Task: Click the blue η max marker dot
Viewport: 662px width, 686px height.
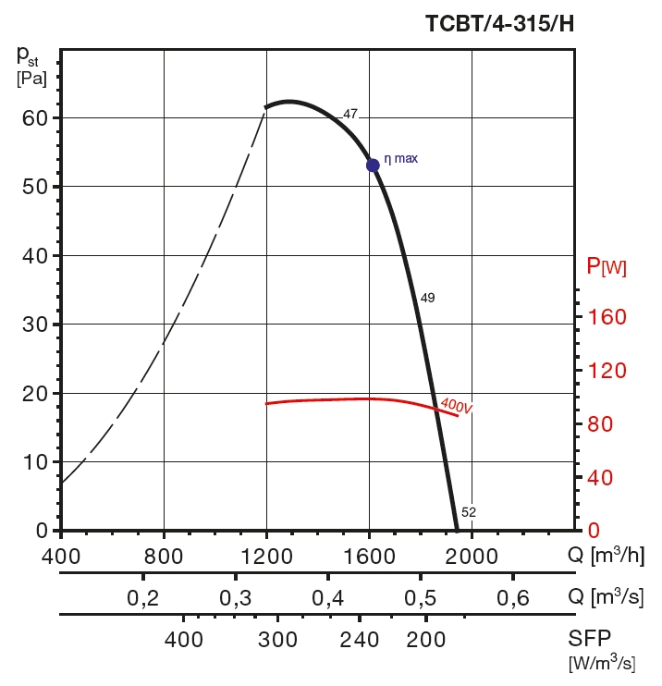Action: pyautogui.click(x=373, y=165)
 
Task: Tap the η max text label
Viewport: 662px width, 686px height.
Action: pyautogui.click(x=400, y=158)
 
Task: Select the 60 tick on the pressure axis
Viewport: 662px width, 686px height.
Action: pyautogui.click(x=34, y=118)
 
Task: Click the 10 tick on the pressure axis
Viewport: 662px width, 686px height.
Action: pyautogui.click(x=34, y=461)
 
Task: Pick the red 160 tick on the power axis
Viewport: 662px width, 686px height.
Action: pyautogui.click(x=607, y=317)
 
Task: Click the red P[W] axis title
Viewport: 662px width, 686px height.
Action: pyautogui.click(x=607, y=268)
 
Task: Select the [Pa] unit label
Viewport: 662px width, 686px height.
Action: pyautogui.click(x=31, y=79)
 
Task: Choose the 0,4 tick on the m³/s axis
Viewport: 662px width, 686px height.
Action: pyautogui.click(x=328, y=597)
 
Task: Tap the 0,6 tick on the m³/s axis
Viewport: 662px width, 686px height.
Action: pyautogui.click(x=514, y=597)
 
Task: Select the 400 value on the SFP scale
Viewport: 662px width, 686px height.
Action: pyautogui.click(x=184, y=640)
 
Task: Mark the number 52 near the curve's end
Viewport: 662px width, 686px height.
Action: pyautogui.click(x=469, y=511)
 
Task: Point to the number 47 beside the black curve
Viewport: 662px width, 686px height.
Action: pyautogui.click(x=350, y=115)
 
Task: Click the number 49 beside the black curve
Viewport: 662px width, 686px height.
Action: pyautogui.click(x=427, y=298)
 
